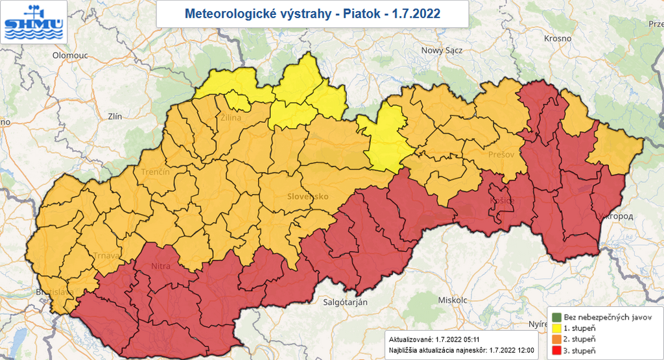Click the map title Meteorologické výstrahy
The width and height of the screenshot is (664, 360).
click(312, 13)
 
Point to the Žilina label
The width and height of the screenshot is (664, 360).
click(231, 118)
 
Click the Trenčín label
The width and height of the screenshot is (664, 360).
click(156, 172)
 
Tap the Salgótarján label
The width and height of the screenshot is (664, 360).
click(345, 303)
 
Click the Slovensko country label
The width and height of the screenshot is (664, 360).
click(309, 196)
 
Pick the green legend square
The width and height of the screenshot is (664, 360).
click(556, 317)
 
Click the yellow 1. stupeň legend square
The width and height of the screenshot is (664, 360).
click(556, 329)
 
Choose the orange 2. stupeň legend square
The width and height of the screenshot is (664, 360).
click(556, 340)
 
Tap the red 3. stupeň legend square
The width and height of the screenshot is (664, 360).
click(556, 351)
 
